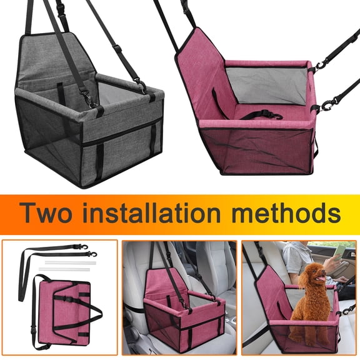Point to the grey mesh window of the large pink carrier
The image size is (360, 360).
coord(265,84)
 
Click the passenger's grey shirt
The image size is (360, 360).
coord(299,256)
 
